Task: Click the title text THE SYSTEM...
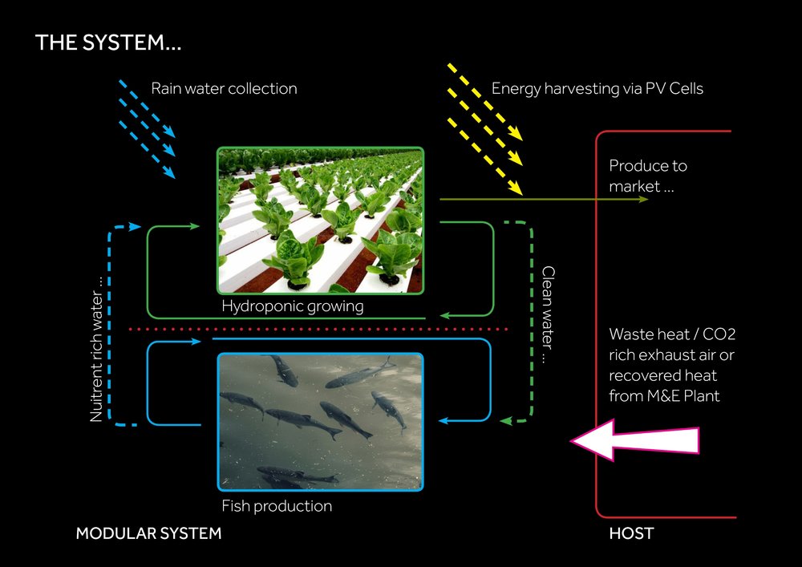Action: tap(108, 43)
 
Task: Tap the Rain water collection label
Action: tap(224, 88)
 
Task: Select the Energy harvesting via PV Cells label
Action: tap(597, 88)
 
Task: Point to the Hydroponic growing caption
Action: tap(292, 306)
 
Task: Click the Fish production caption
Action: tap(277, 506)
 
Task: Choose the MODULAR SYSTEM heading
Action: tap(148, 533)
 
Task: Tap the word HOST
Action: tap(631, 533)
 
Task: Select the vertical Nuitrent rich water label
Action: tap(96, 349)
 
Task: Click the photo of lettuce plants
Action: tap(320, 221)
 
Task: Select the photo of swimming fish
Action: tap(320, 421)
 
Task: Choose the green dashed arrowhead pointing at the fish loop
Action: tap(505, 420)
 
